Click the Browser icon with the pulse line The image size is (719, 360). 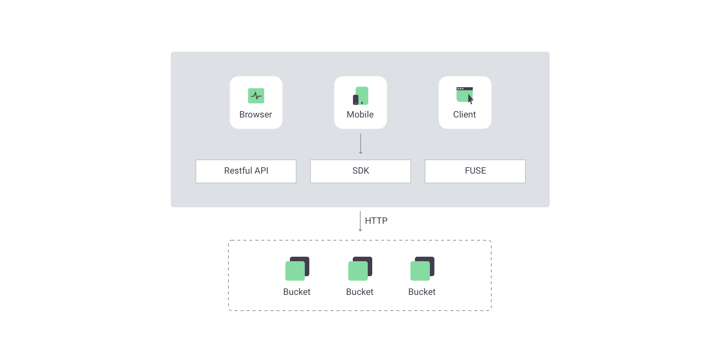pyautogui.click(x=256, y=96)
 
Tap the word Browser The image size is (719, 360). pyautogui.click(x=256, y=115)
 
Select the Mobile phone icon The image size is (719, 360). pyautogui.click(x=361, y=96)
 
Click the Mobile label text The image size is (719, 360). pyautogui.click(x=360, y=115)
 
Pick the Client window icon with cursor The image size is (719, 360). pyautogui.click(x=465, y=95)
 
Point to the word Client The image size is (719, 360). pyautogui.click(x=464, y=115)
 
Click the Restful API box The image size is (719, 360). pyautogui.click(x=246, y=171)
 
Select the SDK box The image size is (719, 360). pyautogui.click(x=361, y=171)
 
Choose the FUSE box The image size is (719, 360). pyautogui.click(x=475, y=171)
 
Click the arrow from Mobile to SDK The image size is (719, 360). pyautogui.click(x=361, y=144)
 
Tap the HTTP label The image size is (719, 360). pyautogui.click(x=376, y=221)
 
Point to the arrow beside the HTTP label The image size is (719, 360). pyautogui.click(x=360, y=221)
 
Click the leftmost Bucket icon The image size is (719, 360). pyautogui.click(x=297, y=269)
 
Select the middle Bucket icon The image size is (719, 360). pyautogui.click(x=360, y=269)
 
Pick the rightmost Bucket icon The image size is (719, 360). pyautogui.click(x=422, y=269)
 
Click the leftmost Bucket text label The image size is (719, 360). pyautogui.click(x=297, y=292)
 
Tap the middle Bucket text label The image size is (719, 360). pyautogui.click(x=360, y=292)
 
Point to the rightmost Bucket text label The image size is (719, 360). pyautogui.click(x=422, y=292)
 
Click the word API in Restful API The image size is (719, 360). pyautogui.click(x=261, y=171)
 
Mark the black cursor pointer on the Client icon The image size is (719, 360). pyautogui.click(x=470, y=99)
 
